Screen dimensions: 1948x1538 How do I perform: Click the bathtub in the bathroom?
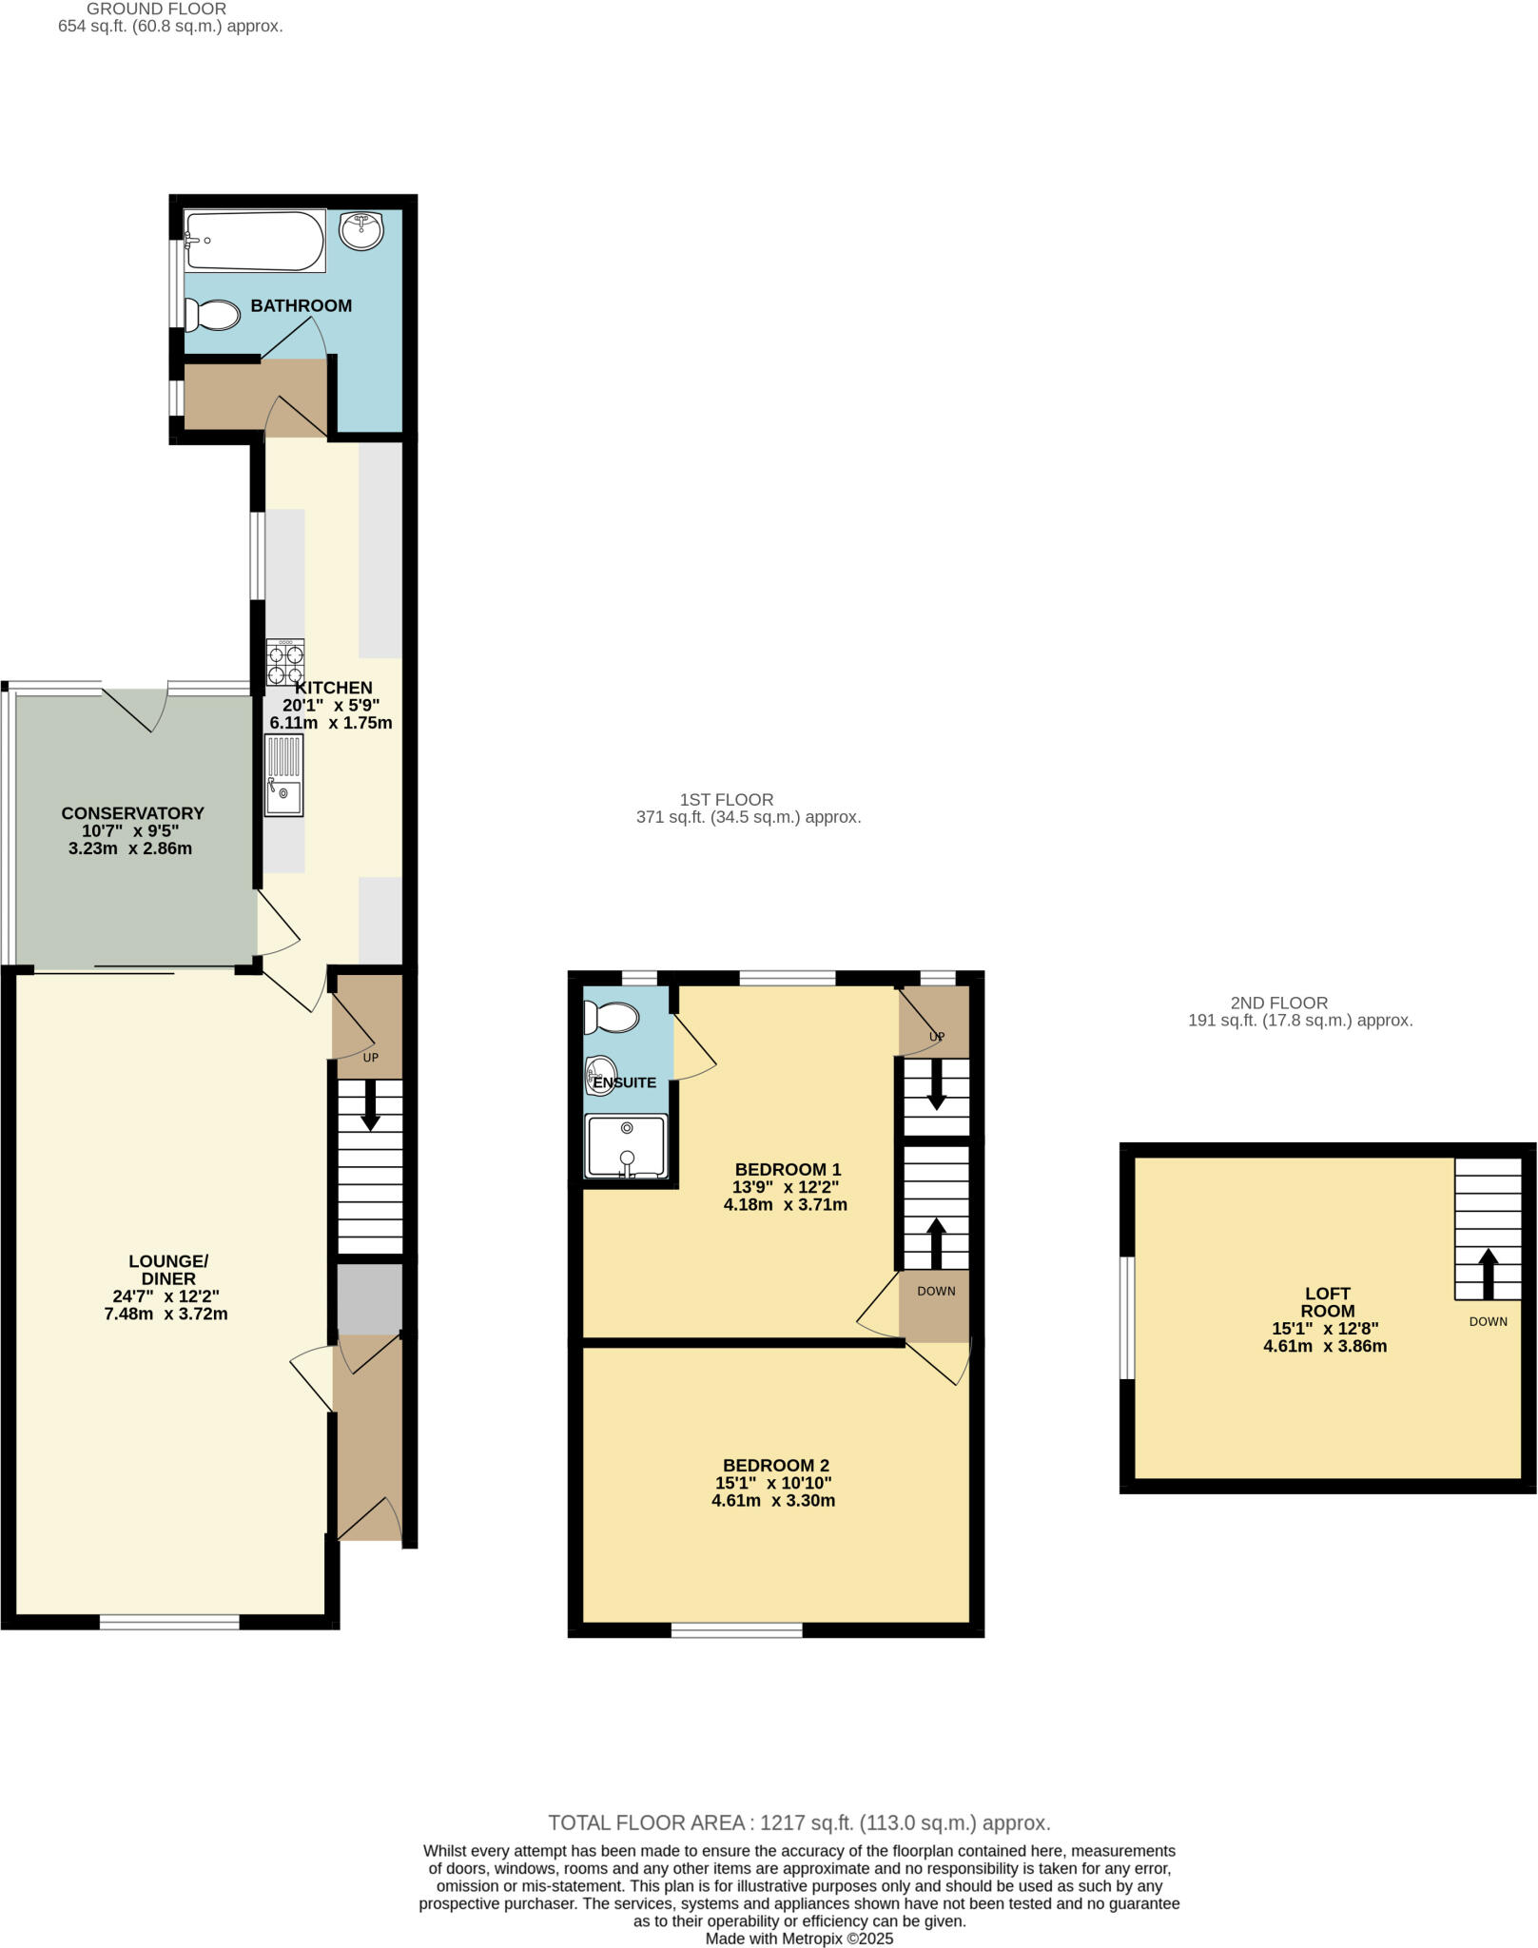(x=255, y=241)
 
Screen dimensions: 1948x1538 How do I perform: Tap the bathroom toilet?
(x=213, y=315)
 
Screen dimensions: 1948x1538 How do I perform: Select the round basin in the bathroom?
(x=360, y=230)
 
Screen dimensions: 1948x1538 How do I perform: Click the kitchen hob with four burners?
(x=285, y=663)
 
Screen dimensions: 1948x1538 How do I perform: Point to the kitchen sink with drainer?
(x=284, y=776)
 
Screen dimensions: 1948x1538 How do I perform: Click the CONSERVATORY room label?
(x=132, y=813)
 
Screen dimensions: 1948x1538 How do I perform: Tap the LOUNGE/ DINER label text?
(x=168, y=1270)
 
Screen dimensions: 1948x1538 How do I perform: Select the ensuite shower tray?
(x=626, y=1146)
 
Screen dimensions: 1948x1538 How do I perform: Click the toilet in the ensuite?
(x=612, y=1018)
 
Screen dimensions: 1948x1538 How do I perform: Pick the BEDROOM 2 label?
(x=775, y=1466)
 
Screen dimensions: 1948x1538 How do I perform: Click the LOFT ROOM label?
(x=1328, y=1302)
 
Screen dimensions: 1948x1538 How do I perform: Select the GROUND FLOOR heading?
(x=156, y=9)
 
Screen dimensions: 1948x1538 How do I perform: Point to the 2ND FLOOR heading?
(x=1278, y=1003)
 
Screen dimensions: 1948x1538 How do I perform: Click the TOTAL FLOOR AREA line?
(x=799, y=1822)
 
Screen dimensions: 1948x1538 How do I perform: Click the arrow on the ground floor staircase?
(x=370, y=1107)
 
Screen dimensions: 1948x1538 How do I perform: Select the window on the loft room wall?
(x=1127, y=1317)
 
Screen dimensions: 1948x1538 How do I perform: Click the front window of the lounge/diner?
(x=169, y=1622)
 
